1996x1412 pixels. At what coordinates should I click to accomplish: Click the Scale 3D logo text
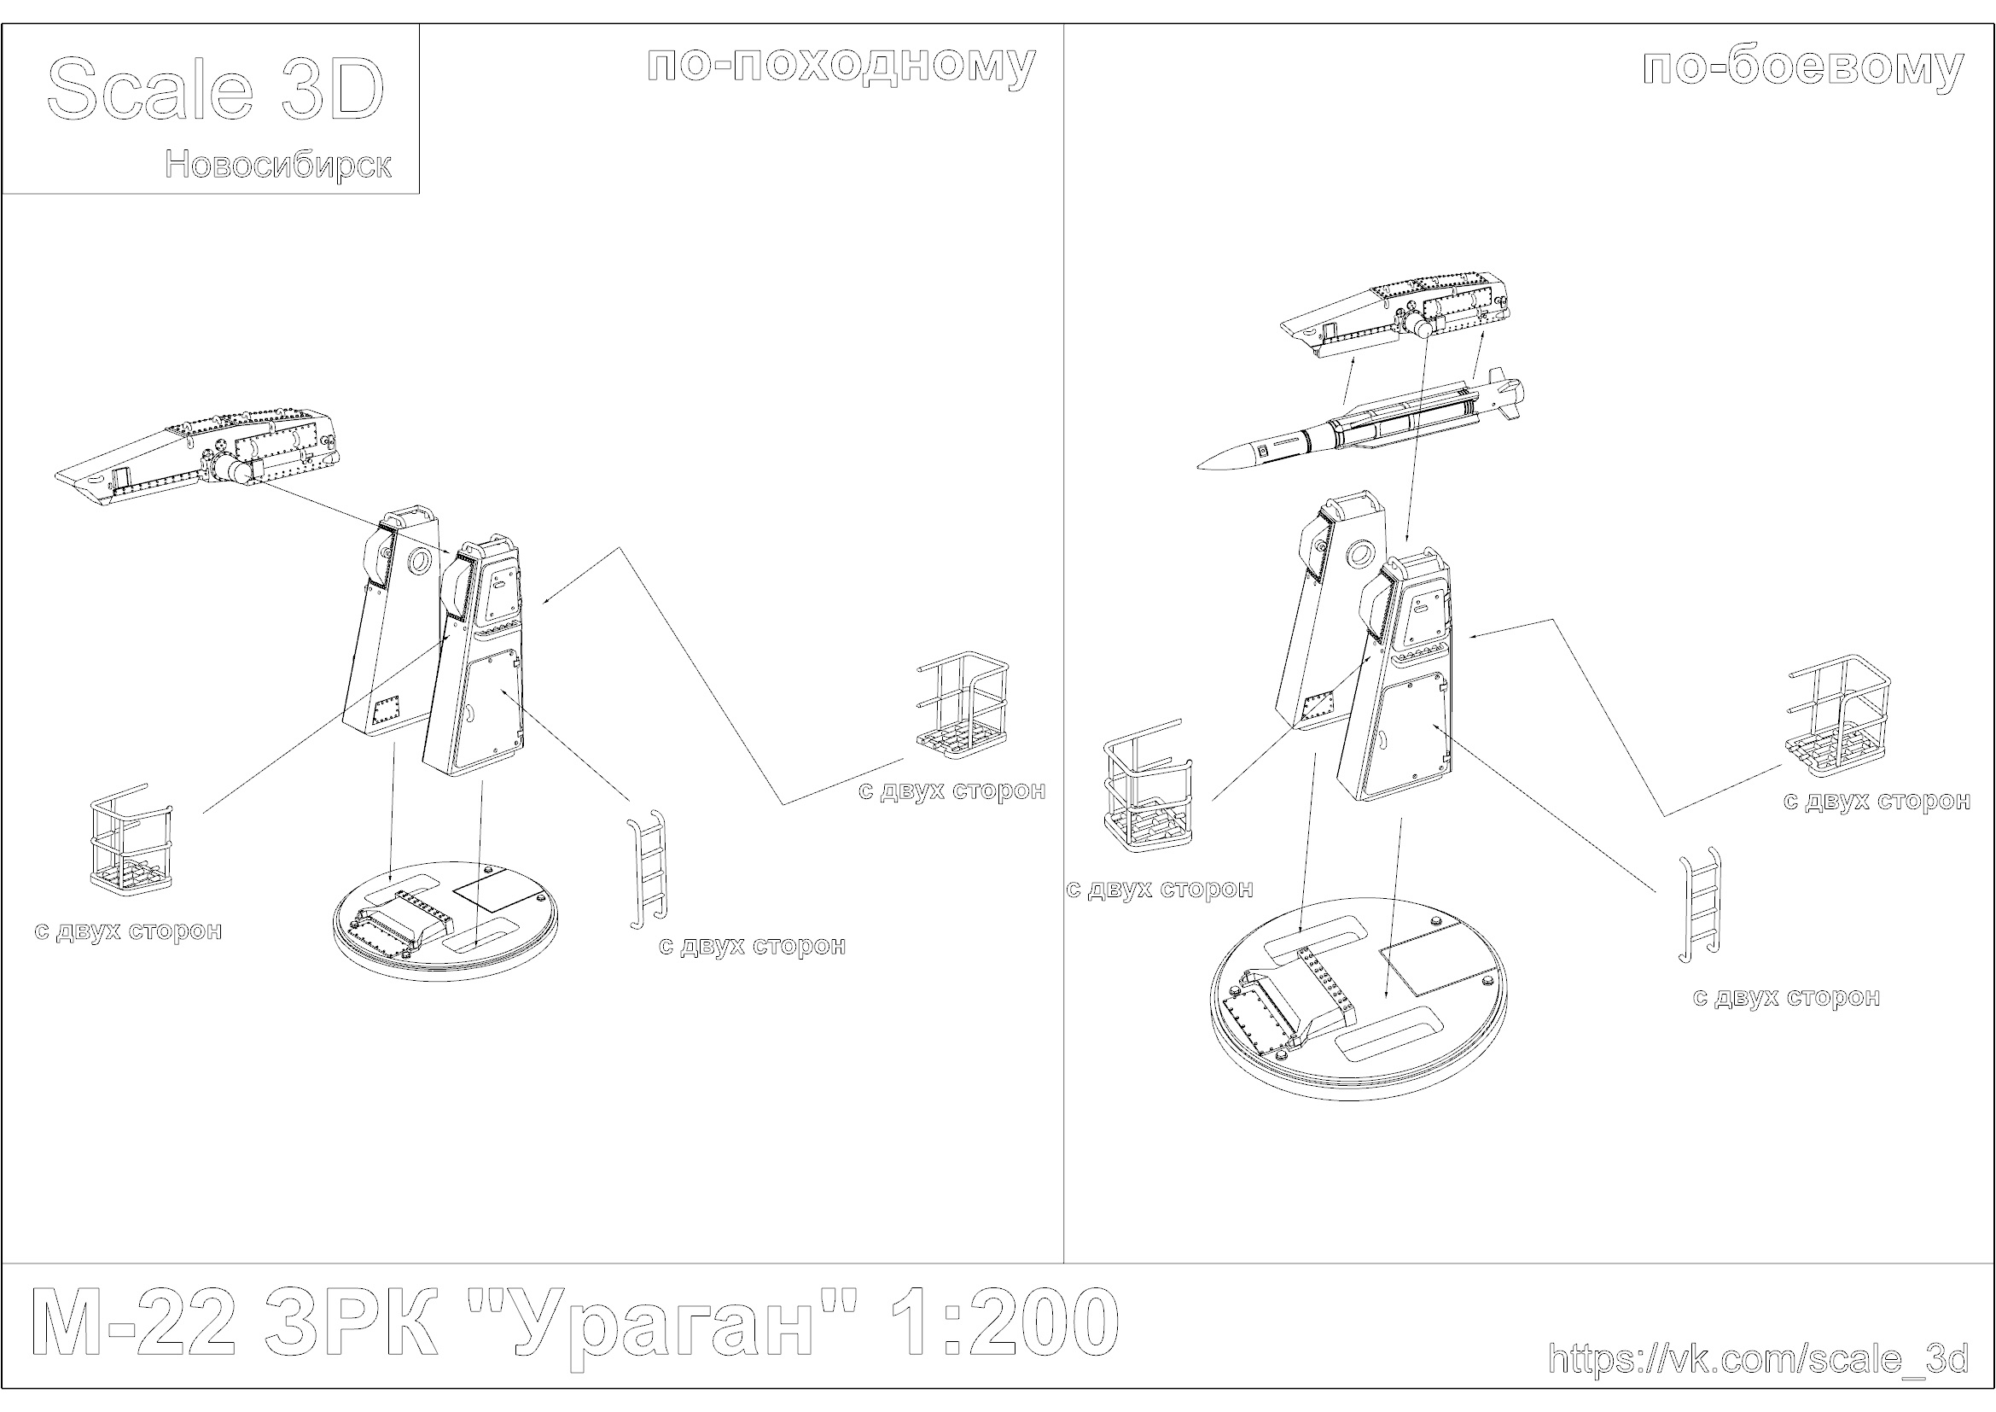click(x=215, y=90)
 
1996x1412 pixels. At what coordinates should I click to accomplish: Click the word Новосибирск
click(x=278, y=164)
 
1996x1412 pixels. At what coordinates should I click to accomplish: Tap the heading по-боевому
click(x=1803, y=67)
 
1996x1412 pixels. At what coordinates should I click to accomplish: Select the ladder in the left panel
click(x=648, y=868)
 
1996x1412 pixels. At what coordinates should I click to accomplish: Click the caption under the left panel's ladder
click(x=752, y=946)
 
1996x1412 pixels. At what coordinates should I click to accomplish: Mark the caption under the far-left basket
click(x=129, y=931)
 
